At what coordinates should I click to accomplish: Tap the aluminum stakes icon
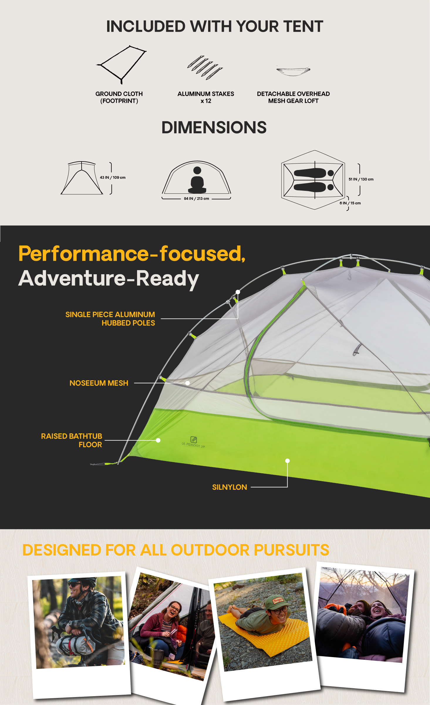coord(205,68)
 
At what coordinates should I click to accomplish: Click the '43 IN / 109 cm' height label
coord(113,178)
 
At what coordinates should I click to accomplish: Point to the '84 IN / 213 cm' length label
coord(196,198)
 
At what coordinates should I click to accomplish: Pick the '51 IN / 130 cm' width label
coord(361,179)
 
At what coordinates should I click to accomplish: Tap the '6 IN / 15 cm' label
coord(350,203)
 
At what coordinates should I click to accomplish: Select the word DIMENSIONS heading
coord(214,127)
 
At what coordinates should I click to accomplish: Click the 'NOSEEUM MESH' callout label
coord(99,383)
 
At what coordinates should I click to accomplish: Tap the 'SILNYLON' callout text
coord(230,487)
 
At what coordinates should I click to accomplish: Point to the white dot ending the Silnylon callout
coord(288,461)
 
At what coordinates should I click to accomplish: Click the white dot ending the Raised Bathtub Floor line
coord(158,440)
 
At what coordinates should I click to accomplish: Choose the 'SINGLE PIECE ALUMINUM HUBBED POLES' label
coord(110,319)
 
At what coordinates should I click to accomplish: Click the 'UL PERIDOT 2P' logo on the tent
coord(193,442)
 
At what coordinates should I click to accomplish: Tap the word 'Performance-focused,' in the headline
coord(132,254)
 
